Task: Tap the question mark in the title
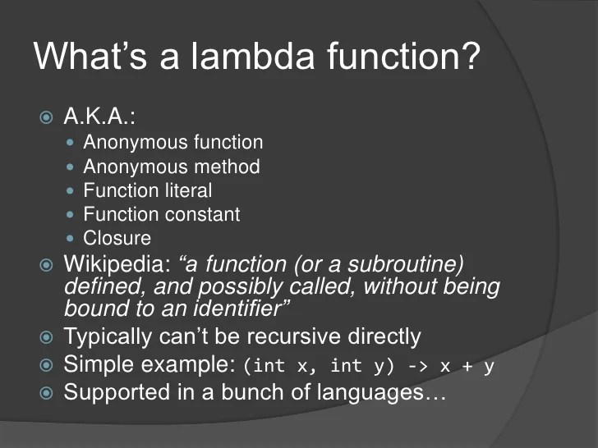[470, 57]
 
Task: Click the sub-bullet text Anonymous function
[173, 143]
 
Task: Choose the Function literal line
[148, 190]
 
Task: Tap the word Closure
[117, 238]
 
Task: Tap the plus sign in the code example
[466, 366]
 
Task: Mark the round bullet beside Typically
[47, 337]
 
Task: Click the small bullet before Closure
[71, 239]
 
